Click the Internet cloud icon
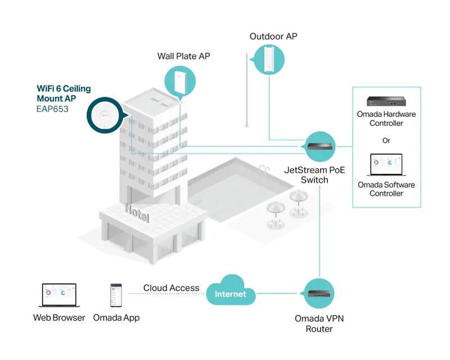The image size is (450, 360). point(231,290)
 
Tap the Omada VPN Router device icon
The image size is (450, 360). point(319,294)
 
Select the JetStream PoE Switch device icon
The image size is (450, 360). point(319,146)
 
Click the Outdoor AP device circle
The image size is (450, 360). point(269,60)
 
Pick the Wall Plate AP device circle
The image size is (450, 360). point(180,82)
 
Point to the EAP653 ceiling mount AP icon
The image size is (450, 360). point(105,115)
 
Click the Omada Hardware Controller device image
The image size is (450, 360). point(386,101)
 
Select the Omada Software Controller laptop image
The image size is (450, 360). point(386,165)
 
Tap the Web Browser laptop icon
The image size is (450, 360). point(60,295)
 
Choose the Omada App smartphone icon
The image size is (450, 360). point(116,295)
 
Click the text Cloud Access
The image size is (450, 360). point(172,288)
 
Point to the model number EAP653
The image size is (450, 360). point(52,109)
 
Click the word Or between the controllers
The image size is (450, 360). point(386,141)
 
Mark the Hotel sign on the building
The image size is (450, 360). point(137,213)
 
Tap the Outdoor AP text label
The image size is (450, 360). point(273,37)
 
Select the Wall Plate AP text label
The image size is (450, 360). point(184,56)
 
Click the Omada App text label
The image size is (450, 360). point(116,318)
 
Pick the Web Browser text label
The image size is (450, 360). point(59,317)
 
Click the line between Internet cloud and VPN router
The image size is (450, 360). point(277,294)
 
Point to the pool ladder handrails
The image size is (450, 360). point(264,169)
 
